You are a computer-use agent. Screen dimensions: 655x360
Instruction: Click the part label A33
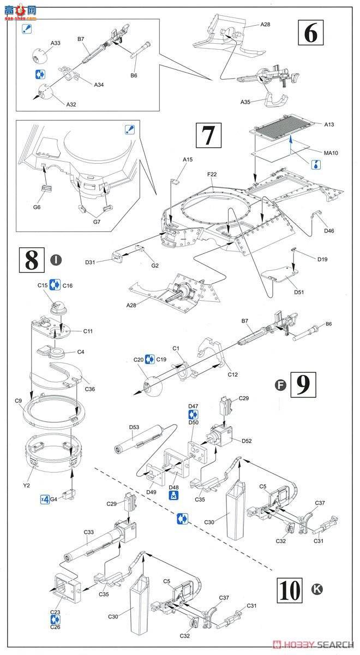coord(56,43)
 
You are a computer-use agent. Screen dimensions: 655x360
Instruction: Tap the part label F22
coord(212,175)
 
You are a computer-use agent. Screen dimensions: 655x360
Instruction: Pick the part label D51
coord(298,292)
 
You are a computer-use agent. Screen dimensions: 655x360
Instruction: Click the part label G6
coord(37,207)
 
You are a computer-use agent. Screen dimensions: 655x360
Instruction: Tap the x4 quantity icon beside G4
coord(45,498)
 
